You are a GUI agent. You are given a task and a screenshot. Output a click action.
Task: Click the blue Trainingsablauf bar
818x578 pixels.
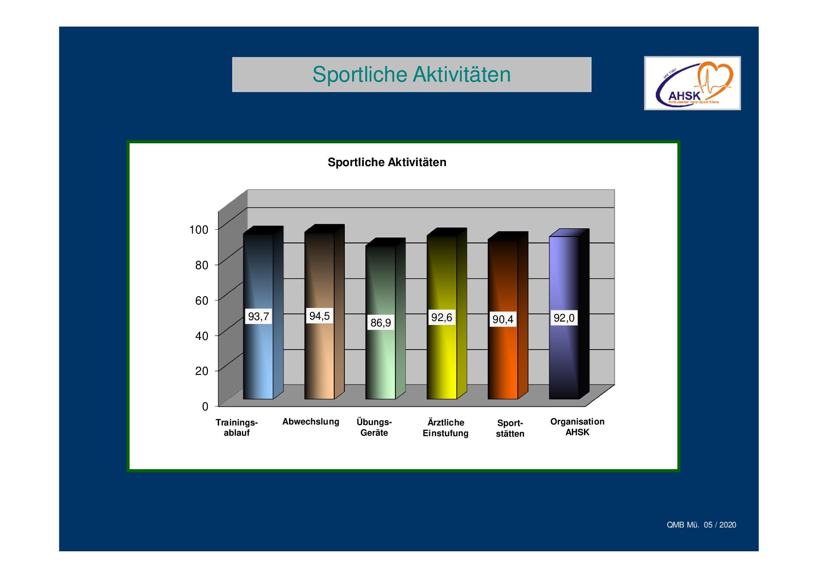(263, 314)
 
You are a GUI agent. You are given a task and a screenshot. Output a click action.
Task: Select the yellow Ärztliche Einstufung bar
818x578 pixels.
(446, 314)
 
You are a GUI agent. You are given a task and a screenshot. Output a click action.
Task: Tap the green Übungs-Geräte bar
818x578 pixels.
(385, 320)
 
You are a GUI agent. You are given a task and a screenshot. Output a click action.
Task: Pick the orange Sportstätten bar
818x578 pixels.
(508, 316)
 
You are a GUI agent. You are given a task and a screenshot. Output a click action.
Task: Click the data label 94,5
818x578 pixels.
(319, 316)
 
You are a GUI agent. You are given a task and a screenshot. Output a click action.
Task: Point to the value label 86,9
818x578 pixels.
(380, 323)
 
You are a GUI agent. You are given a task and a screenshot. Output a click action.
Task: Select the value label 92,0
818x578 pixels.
(564, 318)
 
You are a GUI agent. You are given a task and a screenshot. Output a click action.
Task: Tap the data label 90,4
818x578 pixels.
(503, 320)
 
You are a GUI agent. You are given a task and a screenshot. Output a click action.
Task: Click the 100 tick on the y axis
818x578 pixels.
(199, 230)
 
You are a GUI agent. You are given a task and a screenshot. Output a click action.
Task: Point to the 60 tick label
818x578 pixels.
(202, 301)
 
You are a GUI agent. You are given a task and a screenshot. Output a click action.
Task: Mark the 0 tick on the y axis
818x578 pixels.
(205, 407)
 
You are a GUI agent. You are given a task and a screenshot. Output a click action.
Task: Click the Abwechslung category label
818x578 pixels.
(311, 422)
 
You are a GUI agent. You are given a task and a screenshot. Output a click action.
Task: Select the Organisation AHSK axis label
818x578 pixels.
(578, 427)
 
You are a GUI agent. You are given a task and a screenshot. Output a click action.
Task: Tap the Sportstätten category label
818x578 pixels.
(510, 428)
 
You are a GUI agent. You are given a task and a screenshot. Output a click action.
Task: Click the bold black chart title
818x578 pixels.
(387, 162)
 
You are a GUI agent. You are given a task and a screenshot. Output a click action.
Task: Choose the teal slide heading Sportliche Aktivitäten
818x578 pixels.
(411, 74)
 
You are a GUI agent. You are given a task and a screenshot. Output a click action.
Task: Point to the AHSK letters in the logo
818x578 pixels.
(684, 96)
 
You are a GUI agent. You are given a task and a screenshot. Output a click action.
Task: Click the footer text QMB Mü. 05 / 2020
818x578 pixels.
(701, 525)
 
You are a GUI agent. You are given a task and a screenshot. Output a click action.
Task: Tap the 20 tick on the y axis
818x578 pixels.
(202, 371)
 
